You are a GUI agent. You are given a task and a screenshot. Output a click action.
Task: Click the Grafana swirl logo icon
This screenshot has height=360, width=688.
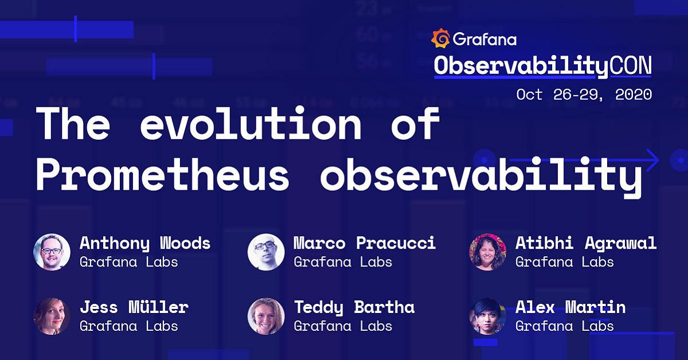[x=440, y=38]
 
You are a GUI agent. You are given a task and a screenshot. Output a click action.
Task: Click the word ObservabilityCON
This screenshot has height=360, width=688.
[x=542, y=66]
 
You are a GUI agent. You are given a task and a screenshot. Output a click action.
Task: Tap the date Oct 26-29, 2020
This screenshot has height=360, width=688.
[x=584, y=94]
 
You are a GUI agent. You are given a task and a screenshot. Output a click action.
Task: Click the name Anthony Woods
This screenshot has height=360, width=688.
[x=145, y=243]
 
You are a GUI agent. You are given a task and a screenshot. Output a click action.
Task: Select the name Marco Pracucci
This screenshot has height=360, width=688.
[x=365, y=243]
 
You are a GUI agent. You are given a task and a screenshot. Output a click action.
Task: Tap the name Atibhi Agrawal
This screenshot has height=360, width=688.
[x=585, y=243]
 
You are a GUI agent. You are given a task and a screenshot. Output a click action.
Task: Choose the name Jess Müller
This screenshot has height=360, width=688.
[x=134, y=307]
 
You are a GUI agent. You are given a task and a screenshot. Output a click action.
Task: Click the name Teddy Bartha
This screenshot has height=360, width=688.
[x=354, y=307]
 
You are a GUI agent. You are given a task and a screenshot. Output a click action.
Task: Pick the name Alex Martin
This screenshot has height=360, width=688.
[x=570, y=307]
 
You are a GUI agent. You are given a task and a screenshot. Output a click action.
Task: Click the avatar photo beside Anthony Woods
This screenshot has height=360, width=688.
[x=52, y=252]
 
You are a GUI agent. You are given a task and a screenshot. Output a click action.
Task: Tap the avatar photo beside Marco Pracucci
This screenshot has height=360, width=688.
[x=266, y=252]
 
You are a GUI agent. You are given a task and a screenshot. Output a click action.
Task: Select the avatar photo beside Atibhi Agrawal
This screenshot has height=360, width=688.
[x=487, y=252]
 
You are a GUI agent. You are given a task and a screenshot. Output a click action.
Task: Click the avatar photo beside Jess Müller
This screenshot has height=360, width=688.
[x=52, y=316]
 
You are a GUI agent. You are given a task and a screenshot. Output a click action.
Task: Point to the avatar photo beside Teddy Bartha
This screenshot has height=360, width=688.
[x=266, y=316]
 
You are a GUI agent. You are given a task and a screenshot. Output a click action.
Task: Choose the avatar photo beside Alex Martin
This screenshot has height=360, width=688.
[x=487, y=316]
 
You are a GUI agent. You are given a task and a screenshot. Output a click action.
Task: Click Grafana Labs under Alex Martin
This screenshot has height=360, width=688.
[x=564, y=326]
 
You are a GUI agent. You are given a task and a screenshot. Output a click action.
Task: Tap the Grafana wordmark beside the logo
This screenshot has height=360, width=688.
[x=484, y=39]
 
